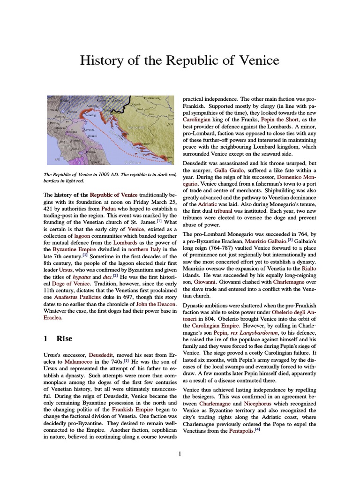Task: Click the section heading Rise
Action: (64, 339)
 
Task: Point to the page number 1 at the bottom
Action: (180, 453)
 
